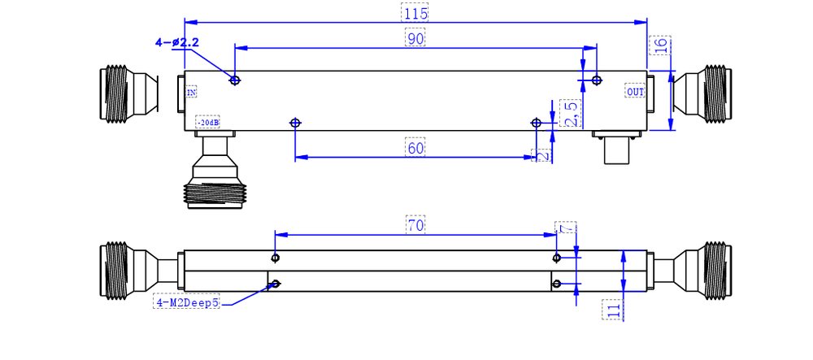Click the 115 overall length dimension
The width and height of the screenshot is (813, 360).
tap(415, 13)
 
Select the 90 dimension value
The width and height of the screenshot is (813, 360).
tap(415, 38)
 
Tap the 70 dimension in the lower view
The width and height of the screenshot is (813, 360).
tap(415, 225)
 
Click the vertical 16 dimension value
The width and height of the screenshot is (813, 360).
tap(662, 46)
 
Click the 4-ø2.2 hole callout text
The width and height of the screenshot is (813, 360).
tap(177, 42)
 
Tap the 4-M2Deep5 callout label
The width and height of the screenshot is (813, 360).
tap(187, 303)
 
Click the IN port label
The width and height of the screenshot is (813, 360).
tap(192, 93)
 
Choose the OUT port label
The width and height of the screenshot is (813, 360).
tap(635, 92)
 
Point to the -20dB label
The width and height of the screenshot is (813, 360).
tap(207, 123)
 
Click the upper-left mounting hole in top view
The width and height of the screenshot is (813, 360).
tap(235, 80)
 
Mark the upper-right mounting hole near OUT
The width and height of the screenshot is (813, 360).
tap(597, 80)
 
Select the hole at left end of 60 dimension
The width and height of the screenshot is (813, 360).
tap(295, 123)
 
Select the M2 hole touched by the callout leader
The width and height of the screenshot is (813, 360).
tap(276, 284)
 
